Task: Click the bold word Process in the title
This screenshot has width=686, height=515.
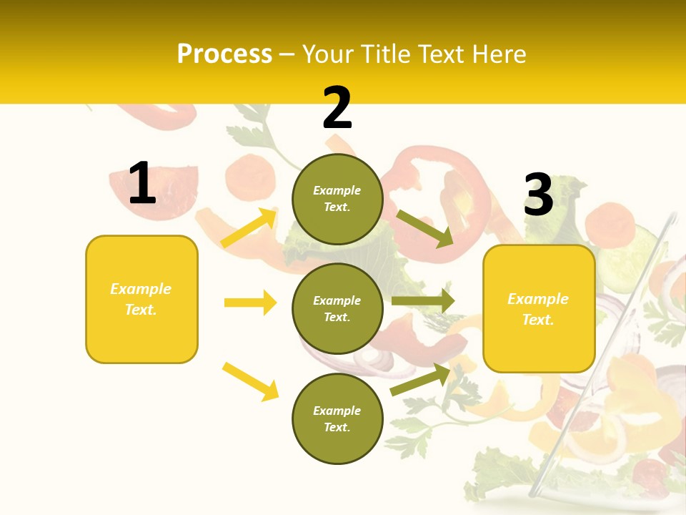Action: tap(224, 54)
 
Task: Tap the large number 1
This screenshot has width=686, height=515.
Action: tap(142, 184)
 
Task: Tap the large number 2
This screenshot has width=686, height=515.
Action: tap(337, 108)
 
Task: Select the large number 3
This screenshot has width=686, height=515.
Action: tap(538, 195)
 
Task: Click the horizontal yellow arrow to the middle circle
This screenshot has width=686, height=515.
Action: tap(250, 303)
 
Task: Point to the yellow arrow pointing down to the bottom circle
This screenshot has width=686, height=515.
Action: tap(251, 381)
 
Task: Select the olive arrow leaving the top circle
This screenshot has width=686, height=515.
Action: tap(425, 229)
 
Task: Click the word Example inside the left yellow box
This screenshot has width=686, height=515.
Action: tap(141, 289)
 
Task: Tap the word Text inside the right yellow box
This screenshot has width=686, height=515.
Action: tap(537, 320)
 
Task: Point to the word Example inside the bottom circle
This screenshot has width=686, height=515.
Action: tap(337, 411)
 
